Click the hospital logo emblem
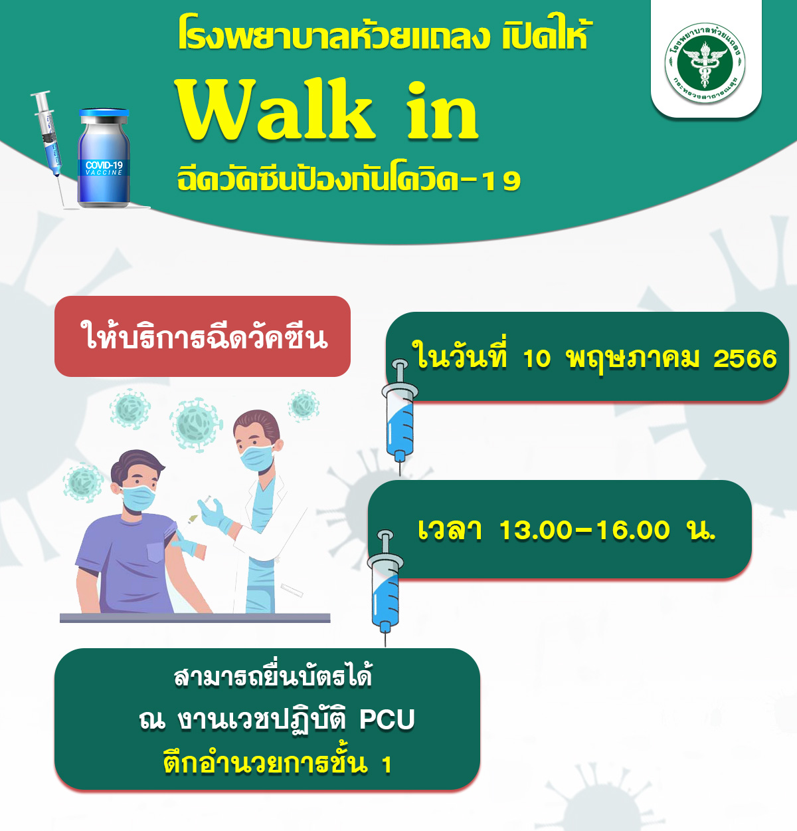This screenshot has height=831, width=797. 705,62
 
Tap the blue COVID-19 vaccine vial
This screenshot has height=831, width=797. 104,158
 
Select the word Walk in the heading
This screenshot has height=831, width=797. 276,110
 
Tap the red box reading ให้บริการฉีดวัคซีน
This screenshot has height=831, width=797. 202,336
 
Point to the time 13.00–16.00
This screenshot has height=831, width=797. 584,531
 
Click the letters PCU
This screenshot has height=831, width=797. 387,719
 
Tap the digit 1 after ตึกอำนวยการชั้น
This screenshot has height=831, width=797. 387,765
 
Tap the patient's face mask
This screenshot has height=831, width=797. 138,498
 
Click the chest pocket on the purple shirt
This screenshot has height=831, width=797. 156,552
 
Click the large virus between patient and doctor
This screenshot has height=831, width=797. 196,425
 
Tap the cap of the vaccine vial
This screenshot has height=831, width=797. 104,114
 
